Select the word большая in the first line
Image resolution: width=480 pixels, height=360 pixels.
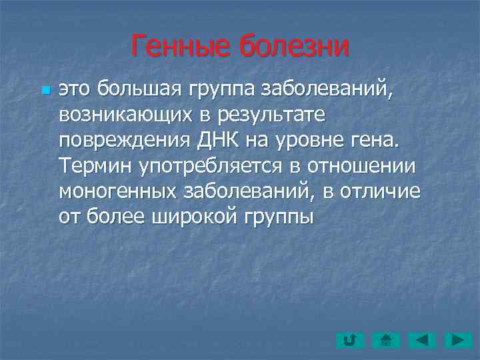[135, 87]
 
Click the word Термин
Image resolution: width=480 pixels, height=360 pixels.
[93, 166]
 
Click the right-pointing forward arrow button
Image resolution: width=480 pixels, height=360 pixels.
[458, 341]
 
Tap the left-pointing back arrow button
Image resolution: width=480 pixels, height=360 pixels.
[422, 341]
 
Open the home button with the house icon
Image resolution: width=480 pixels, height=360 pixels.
[385, 341]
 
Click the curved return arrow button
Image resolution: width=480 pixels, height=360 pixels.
[349, 341]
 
